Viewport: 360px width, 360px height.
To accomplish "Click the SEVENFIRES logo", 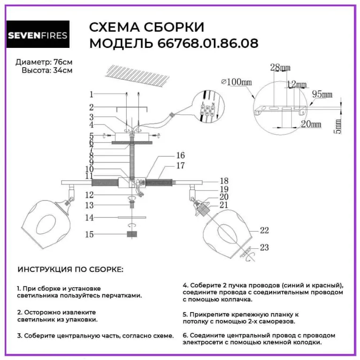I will [x=38, y=35].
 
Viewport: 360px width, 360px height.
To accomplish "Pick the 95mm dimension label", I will [x=322, y=94].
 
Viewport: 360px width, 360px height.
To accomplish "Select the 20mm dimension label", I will [x=311, y=124].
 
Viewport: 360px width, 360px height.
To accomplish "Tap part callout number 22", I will [x=264, y=230].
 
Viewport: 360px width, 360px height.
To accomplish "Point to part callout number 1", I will [x=92, y=93].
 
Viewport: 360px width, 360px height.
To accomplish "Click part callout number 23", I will [x=264, y=247].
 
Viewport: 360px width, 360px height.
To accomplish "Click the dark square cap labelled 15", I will [x=131, y=234].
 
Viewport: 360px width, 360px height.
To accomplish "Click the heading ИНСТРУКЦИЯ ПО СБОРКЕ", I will [x=71, y=270].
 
